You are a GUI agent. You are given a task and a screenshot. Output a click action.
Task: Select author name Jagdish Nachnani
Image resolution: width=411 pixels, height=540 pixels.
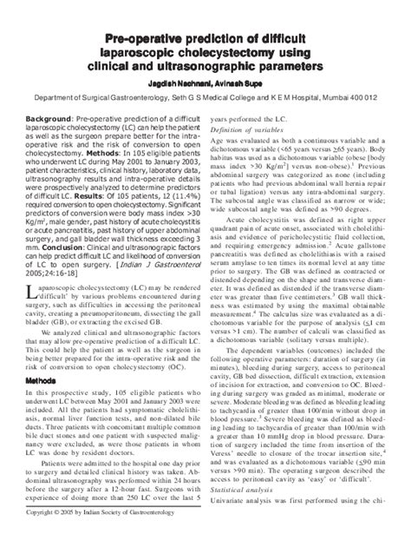click(x=179, y=84)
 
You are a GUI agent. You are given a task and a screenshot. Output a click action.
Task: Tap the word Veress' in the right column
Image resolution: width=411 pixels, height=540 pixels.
click(x=225, y=453)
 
